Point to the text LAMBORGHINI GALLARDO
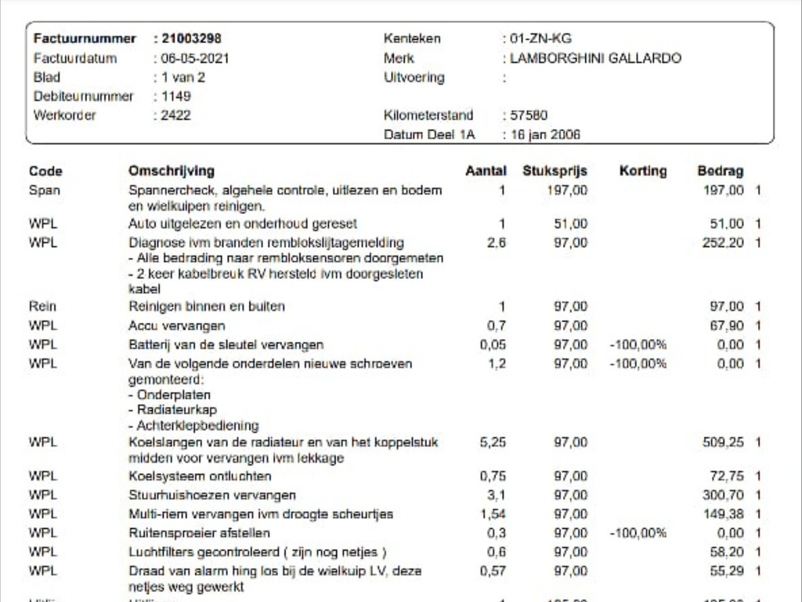[595, 58]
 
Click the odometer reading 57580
[529, 115]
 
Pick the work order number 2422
[175, 115]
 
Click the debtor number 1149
[175, 96]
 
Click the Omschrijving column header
[171, 171]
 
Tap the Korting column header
[643, 171]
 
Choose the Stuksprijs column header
[555, 171]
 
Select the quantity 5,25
[493, 442]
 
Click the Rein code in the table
[42, 306]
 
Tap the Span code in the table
[44, 190]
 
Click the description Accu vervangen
[177, 325]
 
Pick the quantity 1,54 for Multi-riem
[493, 514]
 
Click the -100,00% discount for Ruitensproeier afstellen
[638, 533]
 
